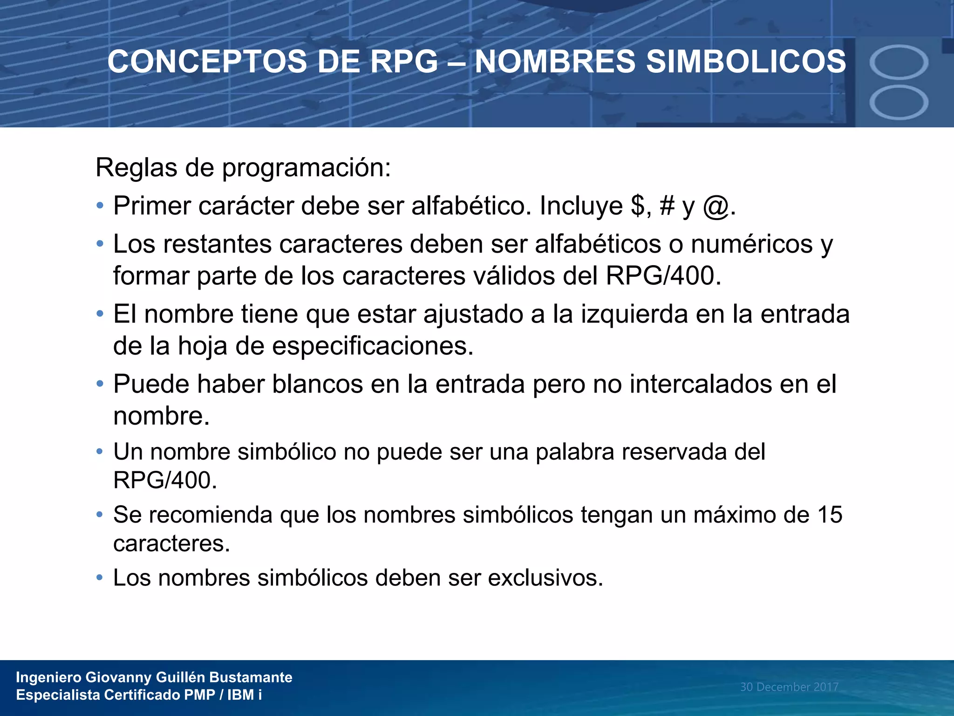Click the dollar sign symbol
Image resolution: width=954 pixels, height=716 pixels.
point(638,206)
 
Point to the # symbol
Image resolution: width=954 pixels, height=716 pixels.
point(667,206)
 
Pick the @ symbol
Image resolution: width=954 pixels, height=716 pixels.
point(716,207)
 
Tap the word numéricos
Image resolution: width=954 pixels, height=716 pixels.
point(751,244)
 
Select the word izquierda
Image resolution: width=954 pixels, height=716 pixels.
point(634,314)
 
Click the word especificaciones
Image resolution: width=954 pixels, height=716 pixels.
point(373,346)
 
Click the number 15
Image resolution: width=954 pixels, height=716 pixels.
point(830,515)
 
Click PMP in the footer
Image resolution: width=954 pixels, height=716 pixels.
point(199,695)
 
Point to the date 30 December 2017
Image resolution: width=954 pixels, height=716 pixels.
point(789,687)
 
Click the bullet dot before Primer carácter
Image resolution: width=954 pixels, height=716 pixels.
point(99,206)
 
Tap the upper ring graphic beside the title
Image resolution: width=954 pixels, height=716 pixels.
point(899,62)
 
